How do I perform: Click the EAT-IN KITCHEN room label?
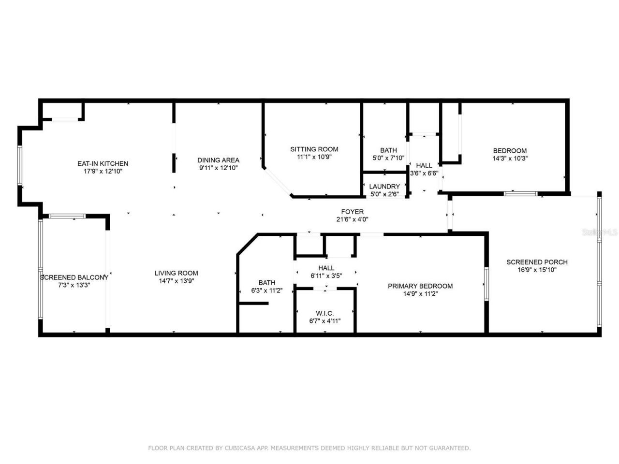pyautogui.click(x=103, y=163)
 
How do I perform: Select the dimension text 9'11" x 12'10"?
pyautogui.click(x=218, y=168)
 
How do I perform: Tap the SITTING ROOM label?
pyautogui.click(x=314, y=149)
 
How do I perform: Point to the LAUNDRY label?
pyautogui.click(x=384, y=187)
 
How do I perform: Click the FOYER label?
pyautogui.click(x=352, y=212)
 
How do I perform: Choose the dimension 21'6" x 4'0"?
pyautogui.click(x=352, y=219)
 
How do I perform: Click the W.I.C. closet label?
pyautogui.click(x=324, y=314)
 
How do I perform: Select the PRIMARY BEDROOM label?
pyautogui.click(x=420, y=286)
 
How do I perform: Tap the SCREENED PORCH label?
pyautogui.click(x=537, y=262)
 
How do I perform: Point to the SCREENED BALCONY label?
pyautogui.click(x=74, y=277)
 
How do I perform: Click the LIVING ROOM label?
pyautogui.click(x=177, y=273)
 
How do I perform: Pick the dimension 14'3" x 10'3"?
pyautogui.click(x=510, y=158)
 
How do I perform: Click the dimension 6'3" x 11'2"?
pyautogui.click(x=266, y=290)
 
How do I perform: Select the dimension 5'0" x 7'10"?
pyautogui.click(x=388, y=158)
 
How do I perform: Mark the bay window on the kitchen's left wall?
pyautogui.click(x=20, y=165)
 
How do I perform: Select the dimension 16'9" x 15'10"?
pyautogui.click(x=537, y=270)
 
